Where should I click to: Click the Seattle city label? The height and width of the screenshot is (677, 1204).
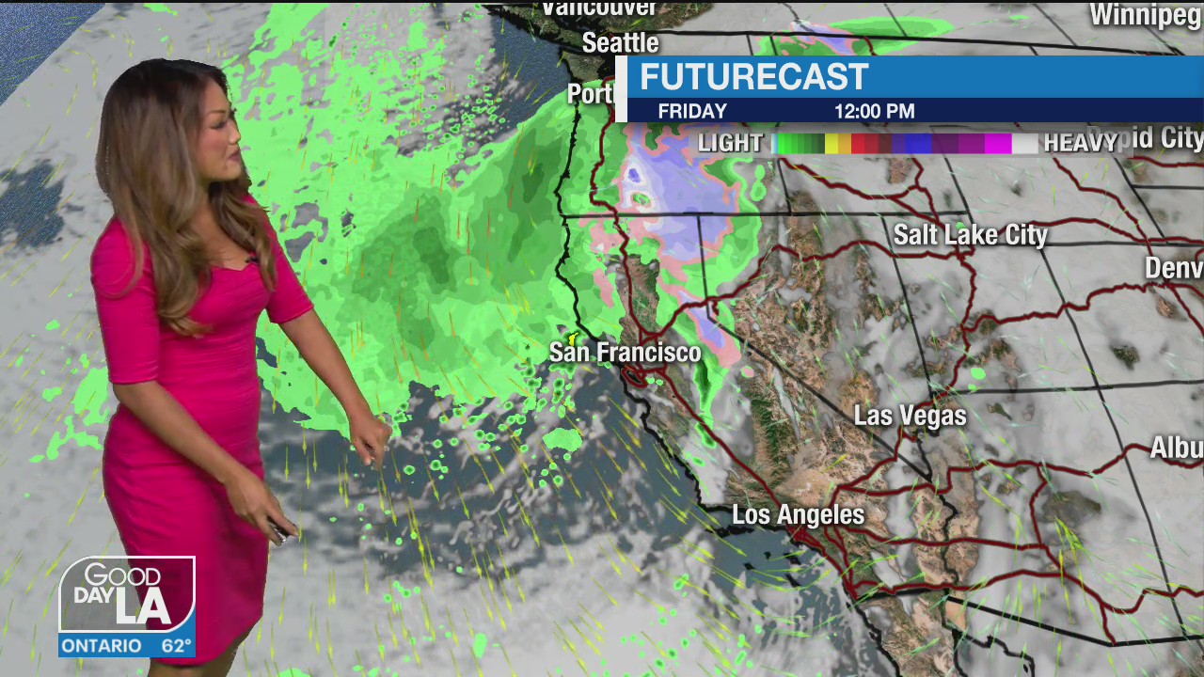pyautogui.click(x=620, y=43)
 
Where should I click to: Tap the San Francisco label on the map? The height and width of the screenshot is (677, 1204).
pyautogui.click(x=625, y=353)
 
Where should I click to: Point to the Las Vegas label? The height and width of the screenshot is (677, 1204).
pyautogui.click(x=910, y=416)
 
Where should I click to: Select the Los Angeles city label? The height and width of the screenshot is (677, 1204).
pyautogui.click(x=798, y=514)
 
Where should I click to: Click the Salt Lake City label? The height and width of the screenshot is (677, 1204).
pyautogui.click(x=970, y=235)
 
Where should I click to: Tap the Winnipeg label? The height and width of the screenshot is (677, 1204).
pyautogui.click(x=1146, y=15)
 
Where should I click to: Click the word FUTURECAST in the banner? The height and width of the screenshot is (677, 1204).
pyautogui.click(x=753, y=77)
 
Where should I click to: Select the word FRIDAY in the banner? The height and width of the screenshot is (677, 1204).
pyautogui.click(x=692, y=111)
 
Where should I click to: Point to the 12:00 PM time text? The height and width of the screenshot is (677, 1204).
pyautogui.click(x=874, y=111)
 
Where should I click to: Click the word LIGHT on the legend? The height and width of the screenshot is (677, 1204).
pyautogui.click(x=730, y=143)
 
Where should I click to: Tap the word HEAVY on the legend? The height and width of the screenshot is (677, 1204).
pyautogui.click(x=1080, y=143)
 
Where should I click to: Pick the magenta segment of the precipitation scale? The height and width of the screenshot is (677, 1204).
pyautogui.click(x=997, y=143)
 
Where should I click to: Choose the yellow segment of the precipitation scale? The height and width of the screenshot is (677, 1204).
pyautogui.click(x=832, y=143)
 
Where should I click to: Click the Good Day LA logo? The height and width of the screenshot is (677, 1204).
pyautogui.click(x=127, y=594)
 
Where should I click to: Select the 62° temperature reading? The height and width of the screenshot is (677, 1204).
pyautogui.click(x=176, y=646)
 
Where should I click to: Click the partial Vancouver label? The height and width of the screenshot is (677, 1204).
pyautogui.click(x=599, y=8)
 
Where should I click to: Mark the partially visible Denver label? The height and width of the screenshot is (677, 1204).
pyautogui.click(x=1173, y=267)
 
